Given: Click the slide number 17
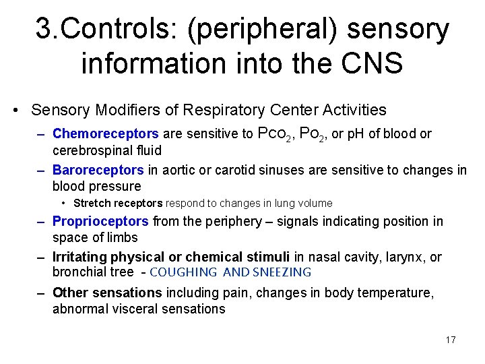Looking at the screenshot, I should point(451,339).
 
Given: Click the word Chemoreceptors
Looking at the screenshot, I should point(105,133).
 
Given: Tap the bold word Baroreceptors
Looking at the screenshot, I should point(98,170).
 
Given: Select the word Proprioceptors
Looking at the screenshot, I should point(100,221).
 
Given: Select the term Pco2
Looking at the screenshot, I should point(275,133).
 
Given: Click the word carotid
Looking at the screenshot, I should point(251,170).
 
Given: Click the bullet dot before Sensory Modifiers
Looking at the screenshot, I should point(15,110).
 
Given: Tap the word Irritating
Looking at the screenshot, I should point(80,257).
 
